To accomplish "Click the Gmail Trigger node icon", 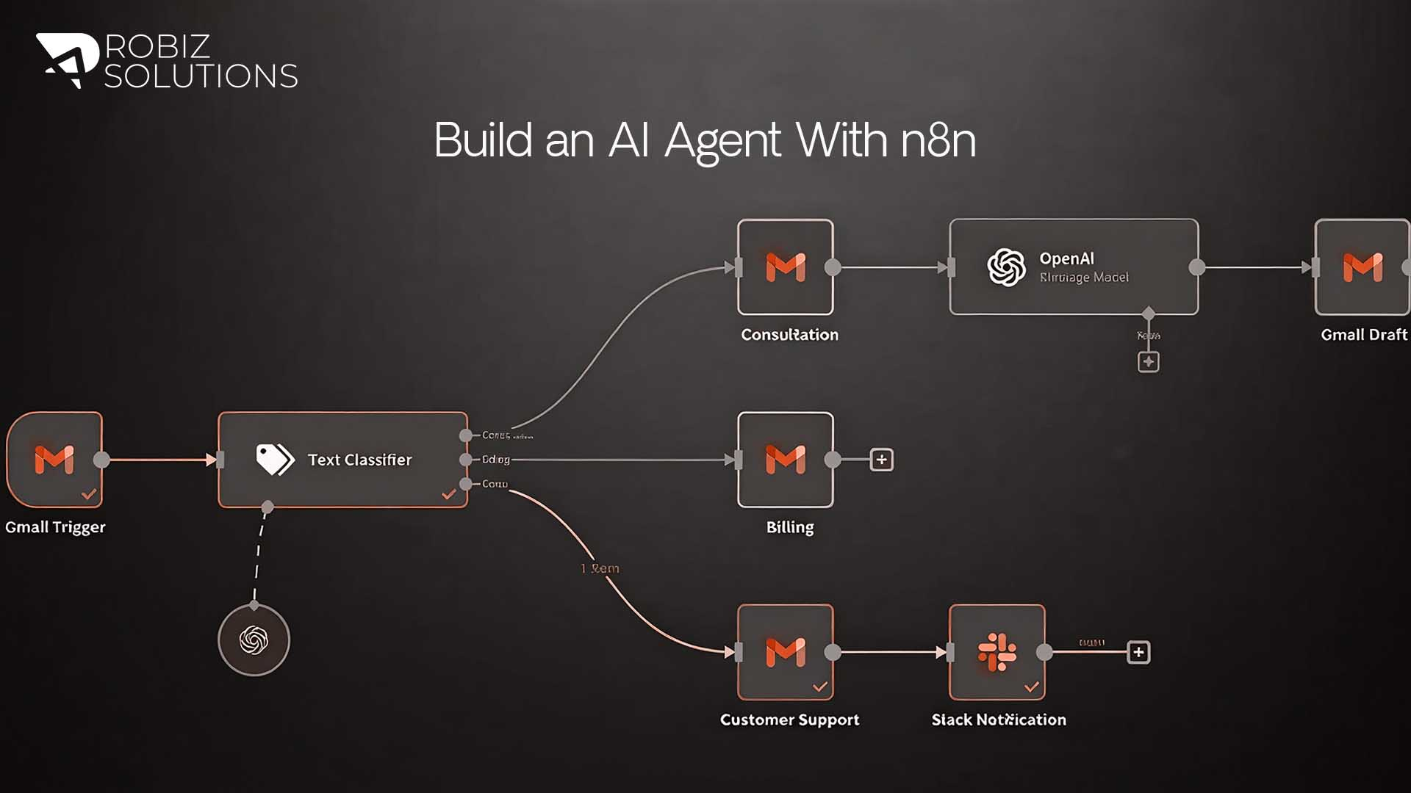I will point(54,460).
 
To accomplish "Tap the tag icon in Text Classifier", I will point(275,460).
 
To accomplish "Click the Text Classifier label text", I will point(359,460).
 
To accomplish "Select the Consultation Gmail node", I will point(786,267).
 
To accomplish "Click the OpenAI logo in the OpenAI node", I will point(1006,267).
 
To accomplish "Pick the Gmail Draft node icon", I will point(1362,267).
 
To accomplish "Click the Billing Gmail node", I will point(786,460).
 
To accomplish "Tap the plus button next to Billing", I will point(881,460).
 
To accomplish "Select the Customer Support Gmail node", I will point(786,652).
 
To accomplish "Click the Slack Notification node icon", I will point(997,652).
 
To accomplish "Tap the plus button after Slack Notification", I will point(1138,652).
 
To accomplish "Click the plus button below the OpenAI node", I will point(1149,362).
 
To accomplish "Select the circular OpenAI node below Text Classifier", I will point(254,640).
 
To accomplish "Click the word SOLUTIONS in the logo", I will point(201,76).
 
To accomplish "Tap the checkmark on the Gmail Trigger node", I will point(89,494).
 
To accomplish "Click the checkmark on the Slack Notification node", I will point(1032,687).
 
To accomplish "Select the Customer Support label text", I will point(789,720).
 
